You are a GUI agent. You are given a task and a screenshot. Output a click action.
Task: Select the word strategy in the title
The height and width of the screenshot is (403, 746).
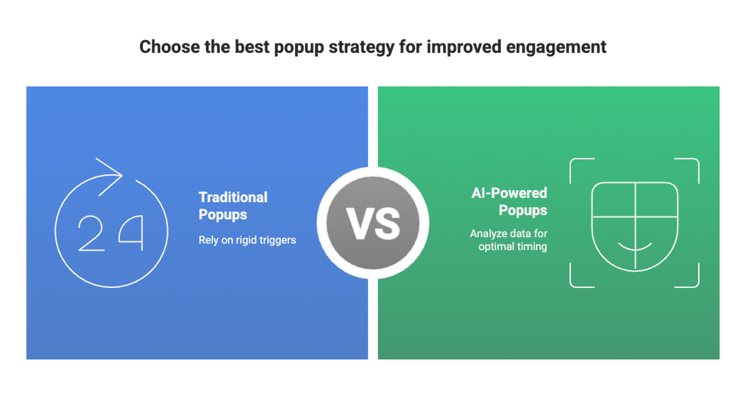coord(361,47)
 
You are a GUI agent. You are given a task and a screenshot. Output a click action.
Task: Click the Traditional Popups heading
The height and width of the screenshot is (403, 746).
coord(233,206)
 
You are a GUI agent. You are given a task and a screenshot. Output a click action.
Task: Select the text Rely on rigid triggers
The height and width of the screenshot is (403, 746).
coord(247,240)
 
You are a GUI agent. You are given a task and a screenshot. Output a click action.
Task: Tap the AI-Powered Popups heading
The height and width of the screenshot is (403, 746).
coord(509,201)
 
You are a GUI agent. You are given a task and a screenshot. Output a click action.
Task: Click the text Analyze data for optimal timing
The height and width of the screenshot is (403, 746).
coord(509,240)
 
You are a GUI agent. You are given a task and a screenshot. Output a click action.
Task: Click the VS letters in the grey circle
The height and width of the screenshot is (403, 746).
coord(373,223)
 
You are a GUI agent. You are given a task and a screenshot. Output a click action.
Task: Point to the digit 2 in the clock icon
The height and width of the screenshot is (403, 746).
coord(92,233)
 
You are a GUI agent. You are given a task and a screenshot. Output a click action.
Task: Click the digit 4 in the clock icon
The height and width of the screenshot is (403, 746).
coord(131,233)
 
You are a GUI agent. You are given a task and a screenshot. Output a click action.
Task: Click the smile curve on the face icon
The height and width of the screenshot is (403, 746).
coord(634,247)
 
